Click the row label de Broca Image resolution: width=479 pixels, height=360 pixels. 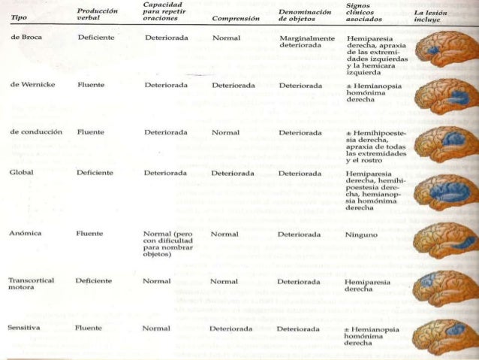[26, 37]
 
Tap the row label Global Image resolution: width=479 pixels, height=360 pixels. [21, 172]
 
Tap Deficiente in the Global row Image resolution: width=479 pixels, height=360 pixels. [94, 172]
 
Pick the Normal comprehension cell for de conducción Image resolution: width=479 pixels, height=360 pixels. [226, 132]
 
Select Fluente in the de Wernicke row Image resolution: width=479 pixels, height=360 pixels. [91, 85]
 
